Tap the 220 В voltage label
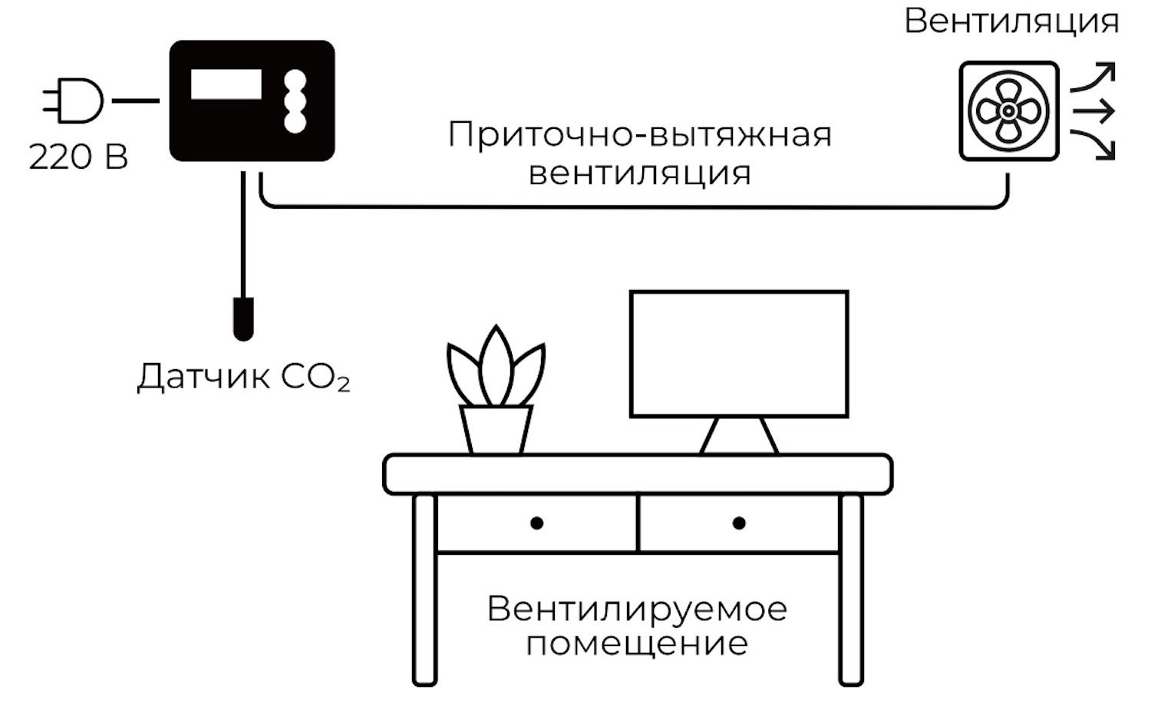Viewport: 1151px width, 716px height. pos(78,157)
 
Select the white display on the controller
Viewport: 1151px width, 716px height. pos(226,84)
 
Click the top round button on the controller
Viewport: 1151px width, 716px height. pos(295,81)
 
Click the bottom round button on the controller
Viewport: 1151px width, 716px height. pos(295,122)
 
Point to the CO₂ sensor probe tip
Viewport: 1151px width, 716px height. pos(243,319)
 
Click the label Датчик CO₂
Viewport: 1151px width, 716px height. pos(243,377)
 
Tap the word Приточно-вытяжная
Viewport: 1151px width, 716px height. pos(640,135)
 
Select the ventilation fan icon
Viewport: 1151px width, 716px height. pos(1009,111)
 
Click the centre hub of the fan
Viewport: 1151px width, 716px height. pos(1008,111)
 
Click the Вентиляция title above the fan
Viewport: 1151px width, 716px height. pos(1011,22)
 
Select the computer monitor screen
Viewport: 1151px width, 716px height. pos(739,354)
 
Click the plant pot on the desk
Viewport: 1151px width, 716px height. pos(496,431)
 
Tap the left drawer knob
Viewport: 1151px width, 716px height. pos(536,523)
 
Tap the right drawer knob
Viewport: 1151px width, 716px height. pos(739,523)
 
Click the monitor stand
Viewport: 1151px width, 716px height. pos(739,436)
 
